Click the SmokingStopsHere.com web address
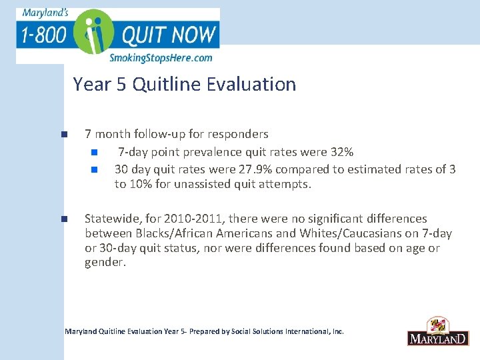click(161, 58)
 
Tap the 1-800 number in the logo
click(43, 34)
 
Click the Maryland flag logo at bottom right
click(437, 331)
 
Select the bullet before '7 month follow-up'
click(64, 134)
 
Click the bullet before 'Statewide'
click(64, 219)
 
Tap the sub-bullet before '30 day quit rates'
click(95, 169)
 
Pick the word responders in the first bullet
click(237, 134)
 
